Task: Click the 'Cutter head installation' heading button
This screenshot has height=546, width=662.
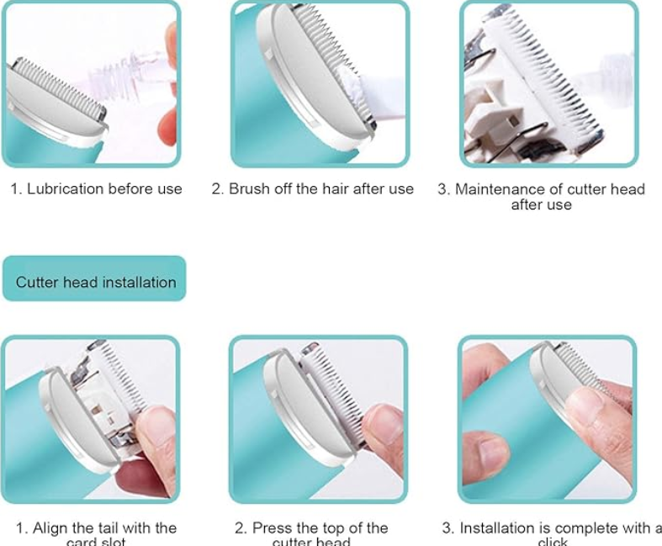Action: pos(95,282)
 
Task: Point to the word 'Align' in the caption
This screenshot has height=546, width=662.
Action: pos(50,528)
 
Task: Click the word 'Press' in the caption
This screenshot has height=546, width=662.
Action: pos(272,528)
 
